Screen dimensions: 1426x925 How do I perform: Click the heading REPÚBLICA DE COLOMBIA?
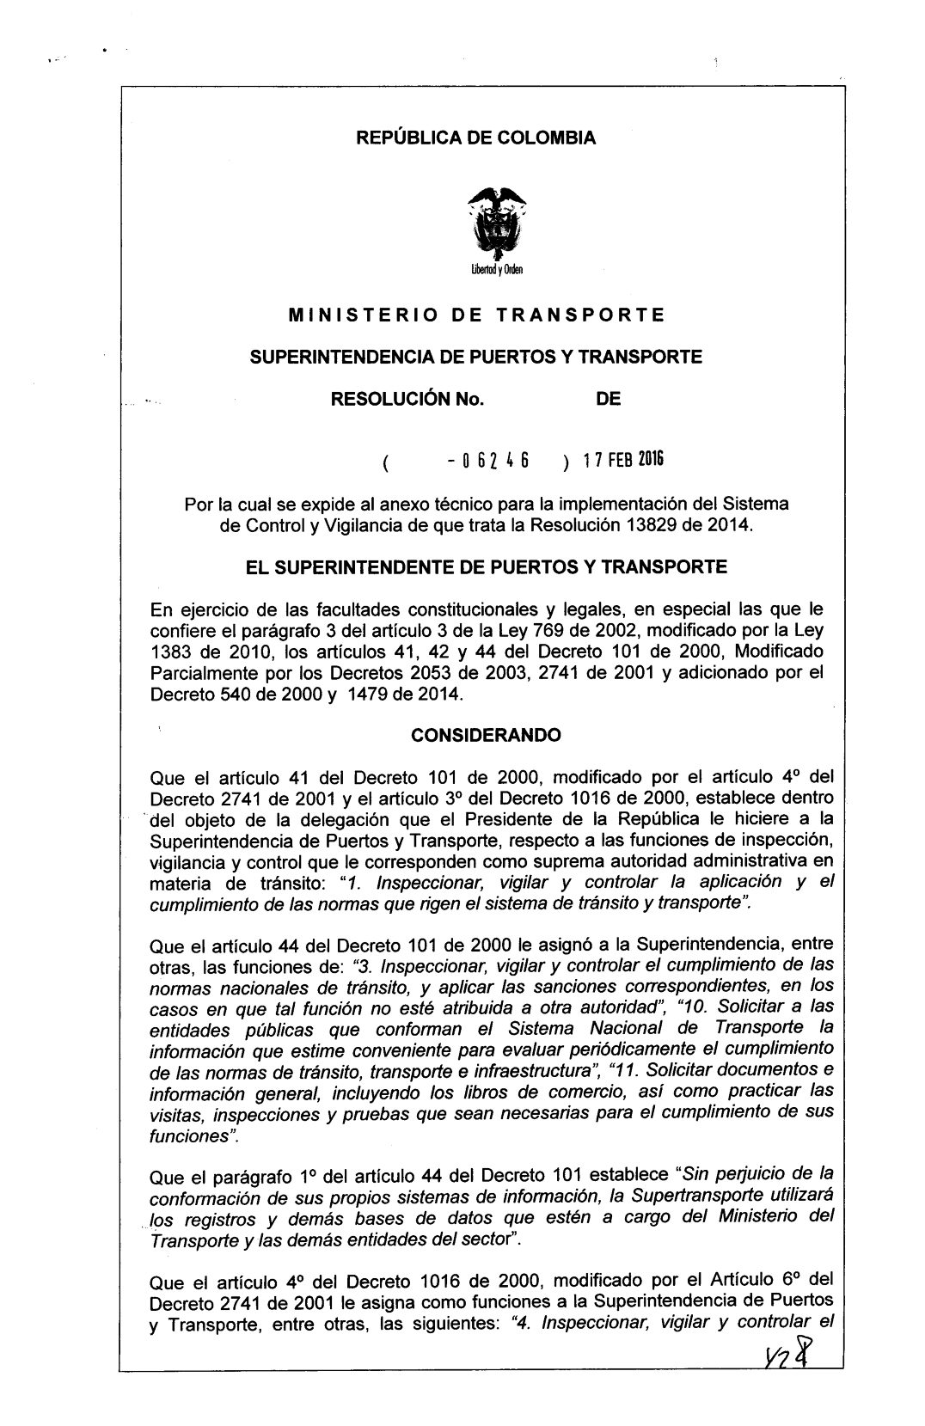(475, 138)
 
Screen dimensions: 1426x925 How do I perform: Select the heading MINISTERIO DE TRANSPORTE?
(476, 315)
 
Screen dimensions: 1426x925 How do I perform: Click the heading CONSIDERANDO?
(486, 735)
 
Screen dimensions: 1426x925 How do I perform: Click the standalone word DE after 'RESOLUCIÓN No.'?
(608, 399)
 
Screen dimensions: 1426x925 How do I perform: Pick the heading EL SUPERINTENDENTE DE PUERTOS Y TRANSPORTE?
(487, 566)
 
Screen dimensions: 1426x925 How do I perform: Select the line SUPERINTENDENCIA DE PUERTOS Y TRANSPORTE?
(475, 356)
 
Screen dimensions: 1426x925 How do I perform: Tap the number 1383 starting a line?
(170, 652)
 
